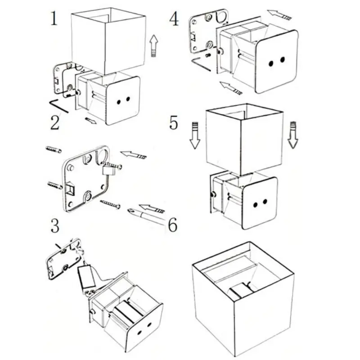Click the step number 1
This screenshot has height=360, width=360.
click(x=54, y=18)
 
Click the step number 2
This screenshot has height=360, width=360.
click(x=55, y=122)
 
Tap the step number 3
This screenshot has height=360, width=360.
click(x=55, y=226)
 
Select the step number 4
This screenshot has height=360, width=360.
click(x=174, y=19)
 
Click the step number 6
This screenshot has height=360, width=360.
click(x=173, y=224)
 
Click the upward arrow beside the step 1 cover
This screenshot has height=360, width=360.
click(x=154, y=46)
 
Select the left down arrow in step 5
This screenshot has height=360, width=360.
click(x=195, y=135)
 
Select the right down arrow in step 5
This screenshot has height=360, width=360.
click(x=293, y=135)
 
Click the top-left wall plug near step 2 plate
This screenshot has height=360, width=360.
click(x=54, y=149)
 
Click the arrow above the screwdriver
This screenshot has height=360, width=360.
click(x=152, y=208)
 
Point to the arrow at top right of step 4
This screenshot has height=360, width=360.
click(x=279, y=14)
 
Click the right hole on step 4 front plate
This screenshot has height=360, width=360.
click(x=283, y=60)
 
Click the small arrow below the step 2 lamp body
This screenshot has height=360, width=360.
click(x=91, y=121)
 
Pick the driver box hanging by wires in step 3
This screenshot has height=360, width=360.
click(x=86, y=277)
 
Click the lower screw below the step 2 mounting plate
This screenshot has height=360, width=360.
click(x=110, y=204)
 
